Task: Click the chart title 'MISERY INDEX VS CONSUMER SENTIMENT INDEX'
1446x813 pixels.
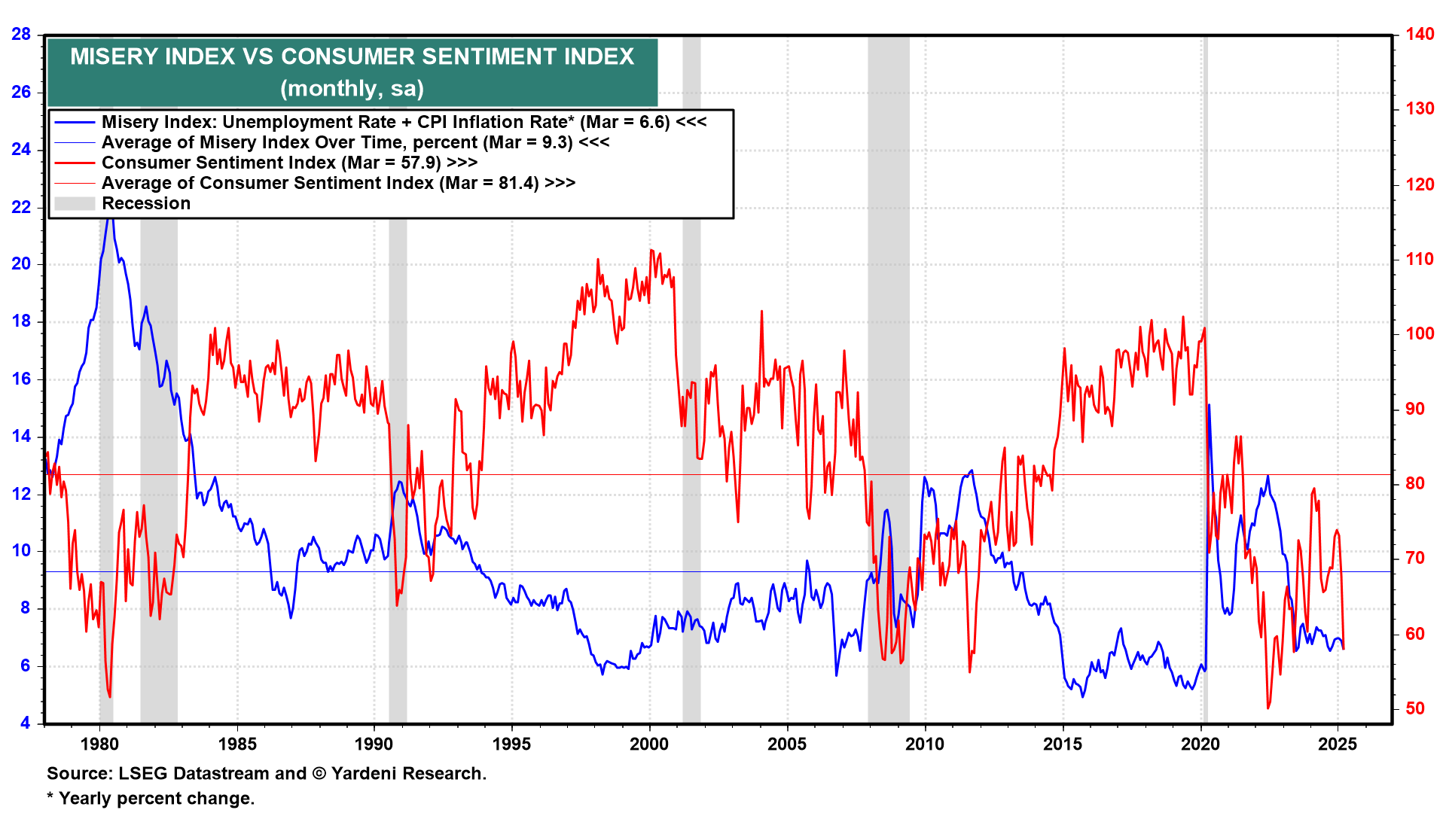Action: [352, 56]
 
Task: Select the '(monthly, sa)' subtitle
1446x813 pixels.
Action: [352, 88]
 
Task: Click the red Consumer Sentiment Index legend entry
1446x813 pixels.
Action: [289, 163]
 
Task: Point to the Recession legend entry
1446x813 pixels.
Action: [146, 203]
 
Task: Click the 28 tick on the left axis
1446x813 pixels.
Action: [21, 34]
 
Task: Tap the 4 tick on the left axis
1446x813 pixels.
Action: [26, 723]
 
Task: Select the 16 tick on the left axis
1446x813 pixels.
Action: [21, 379]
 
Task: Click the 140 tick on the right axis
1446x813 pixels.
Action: [1420, 34]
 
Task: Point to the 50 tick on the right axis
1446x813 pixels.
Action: [1415, 708]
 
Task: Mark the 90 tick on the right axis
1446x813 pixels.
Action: [1415, 409]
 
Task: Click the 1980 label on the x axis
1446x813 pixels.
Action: [99, 744]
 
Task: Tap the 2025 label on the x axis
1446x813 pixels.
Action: [1338, 744]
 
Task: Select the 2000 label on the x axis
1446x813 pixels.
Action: [649, 744]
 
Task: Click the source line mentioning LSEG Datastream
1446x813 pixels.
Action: [267, 773]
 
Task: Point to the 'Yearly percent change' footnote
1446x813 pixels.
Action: [151, 798]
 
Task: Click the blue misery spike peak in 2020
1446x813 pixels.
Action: [1209, 405]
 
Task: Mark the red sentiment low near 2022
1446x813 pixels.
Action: [1268, 708]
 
